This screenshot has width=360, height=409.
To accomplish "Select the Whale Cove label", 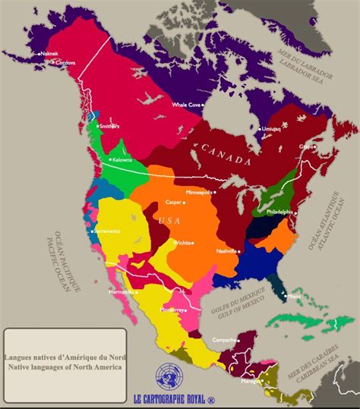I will click(x=185, y=105).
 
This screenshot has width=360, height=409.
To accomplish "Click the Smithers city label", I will click(x=110, y=127).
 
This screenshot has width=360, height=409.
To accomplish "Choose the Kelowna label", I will click(x=122, y=160).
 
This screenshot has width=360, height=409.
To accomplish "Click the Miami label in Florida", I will click(x=294, y=297).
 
